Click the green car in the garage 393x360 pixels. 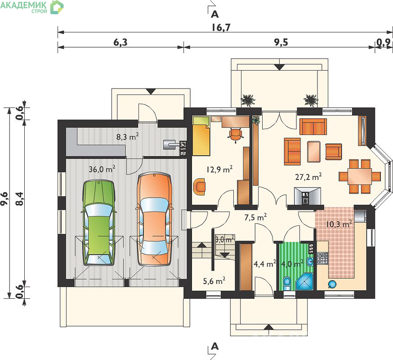[x=99, y=222]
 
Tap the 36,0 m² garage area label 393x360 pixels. [x=102, y=169]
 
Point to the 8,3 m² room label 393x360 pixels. [x=128, y=137]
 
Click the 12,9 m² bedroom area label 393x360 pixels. [x=219, y=169]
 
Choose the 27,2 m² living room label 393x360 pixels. [x=308, y=177]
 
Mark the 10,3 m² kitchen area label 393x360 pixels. [x=339, y=224]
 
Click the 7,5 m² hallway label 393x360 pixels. [x=255, y=217]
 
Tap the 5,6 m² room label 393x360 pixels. [x=214, y=281]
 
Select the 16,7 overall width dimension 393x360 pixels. [x=221, y=27]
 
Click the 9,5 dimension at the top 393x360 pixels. [x=281, y=42]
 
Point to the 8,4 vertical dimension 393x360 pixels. [x=19, y=199]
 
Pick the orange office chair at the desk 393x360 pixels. [x=236, y=135]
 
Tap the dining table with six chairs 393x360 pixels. [x=360, y=176]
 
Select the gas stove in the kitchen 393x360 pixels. [x=322, y=258]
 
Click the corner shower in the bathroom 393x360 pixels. [x=305, y=282]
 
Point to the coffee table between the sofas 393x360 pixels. [x=314, y=152]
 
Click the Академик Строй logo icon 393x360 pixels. [x=57, y=7]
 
